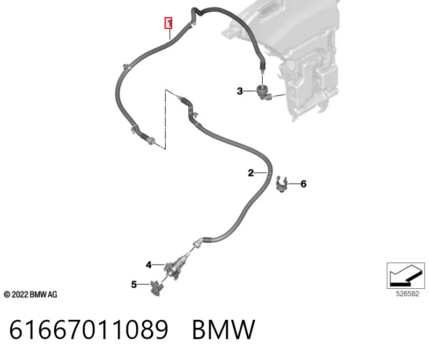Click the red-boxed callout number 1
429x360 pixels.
(168, 23)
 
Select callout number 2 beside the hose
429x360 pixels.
(251, 172)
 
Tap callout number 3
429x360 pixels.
(240, 91)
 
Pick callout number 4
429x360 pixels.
(149, 265)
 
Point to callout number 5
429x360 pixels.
(134, 284)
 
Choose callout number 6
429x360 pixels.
(304, 184)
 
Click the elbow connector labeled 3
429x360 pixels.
(264, 93)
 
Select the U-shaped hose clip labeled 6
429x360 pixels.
(282, 184)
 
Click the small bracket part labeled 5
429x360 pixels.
(157, 288)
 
